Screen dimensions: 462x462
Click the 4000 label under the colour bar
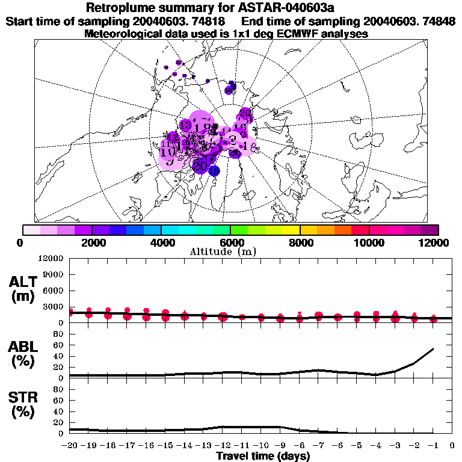[x=161, y=243]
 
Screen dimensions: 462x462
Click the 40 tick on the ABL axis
[x=60, y=356]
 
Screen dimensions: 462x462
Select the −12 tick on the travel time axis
[x=223, y=446]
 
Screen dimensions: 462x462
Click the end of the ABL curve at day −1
[x=433, y=348]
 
